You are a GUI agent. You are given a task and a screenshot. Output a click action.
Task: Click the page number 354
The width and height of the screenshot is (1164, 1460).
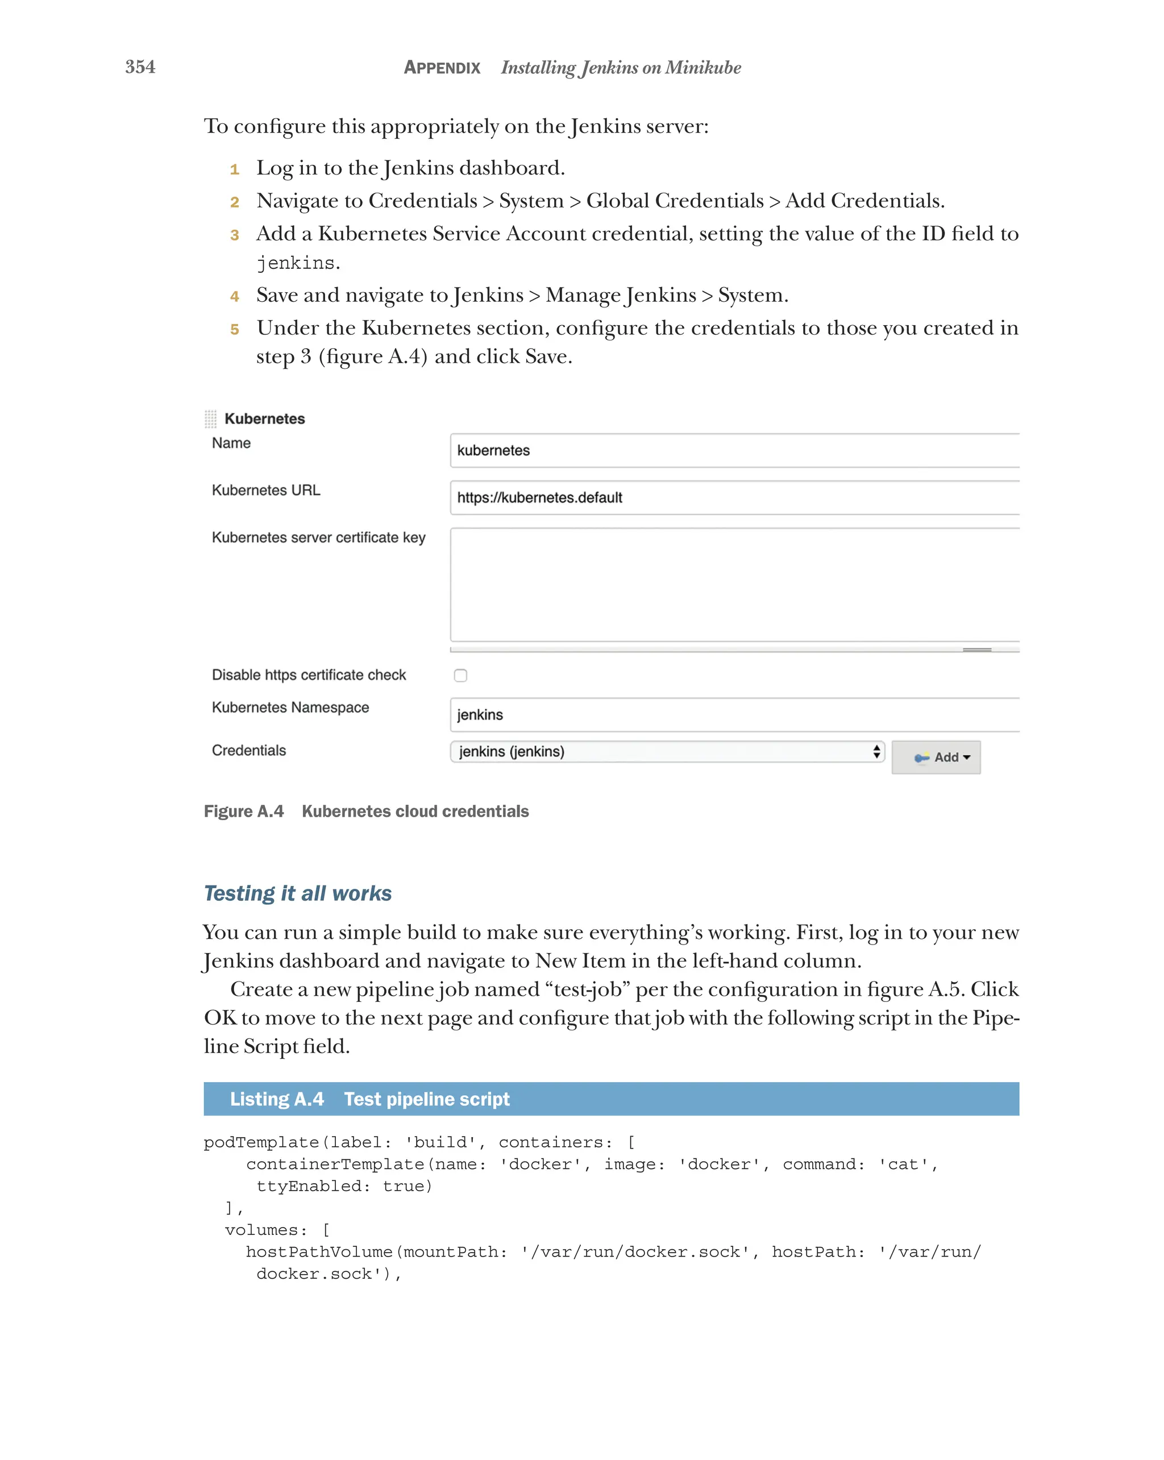tap(140, 67)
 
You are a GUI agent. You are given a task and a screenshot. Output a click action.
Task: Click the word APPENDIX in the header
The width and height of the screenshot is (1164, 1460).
tap(442, 68)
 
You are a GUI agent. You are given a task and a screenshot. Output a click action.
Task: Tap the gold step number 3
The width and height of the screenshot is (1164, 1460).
tap(234, 235)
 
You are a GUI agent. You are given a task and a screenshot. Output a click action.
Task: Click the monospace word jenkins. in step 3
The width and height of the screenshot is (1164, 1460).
tap(297, 263)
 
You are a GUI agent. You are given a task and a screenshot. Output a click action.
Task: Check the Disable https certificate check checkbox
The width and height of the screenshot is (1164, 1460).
tap(460, 675)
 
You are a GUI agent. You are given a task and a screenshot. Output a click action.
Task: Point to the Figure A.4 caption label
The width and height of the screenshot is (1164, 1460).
tap(243, 811)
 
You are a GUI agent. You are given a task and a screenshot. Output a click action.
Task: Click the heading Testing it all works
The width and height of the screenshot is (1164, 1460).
tap(297, 893)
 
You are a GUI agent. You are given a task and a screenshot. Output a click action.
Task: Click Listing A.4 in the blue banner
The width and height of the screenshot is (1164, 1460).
tap(276, 1099)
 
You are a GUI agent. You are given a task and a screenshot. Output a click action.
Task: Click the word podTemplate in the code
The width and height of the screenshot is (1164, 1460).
tap(261, 1142)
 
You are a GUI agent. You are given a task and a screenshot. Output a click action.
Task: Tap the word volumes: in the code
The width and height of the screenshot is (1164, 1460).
tap(265, 1230)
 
